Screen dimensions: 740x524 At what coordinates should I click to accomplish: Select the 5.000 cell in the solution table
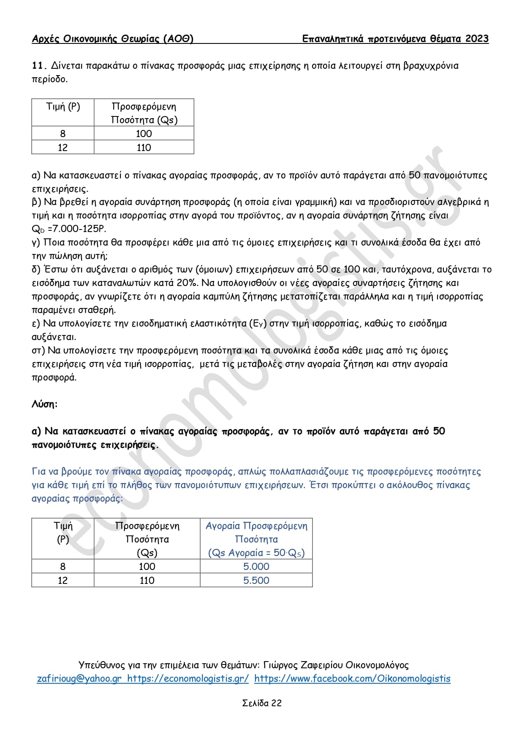[x=256, y=567]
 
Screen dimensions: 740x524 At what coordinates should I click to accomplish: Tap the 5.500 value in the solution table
[x=256, y=581]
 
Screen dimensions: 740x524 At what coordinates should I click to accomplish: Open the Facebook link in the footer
[x=352, y=678]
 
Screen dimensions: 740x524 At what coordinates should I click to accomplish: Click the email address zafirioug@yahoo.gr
[x=79, y=678]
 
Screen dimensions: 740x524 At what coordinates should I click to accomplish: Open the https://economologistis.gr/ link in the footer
[x=188, y=678]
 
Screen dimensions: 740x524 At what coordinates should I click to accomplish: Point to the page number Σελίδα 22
[x=262, y=703]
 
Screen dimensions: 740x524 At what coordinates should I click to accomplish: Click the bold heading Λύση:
[x=44, y=404]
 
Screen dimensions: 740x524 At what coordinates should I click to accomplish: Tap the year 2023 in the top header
[x=477, y=39]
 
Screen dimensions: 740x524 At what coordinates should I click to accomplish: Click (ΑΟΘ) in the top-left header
[x=178, y=39]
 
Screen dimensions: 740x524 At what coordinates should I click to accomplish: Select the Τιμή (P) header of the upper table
[x=63, y=106]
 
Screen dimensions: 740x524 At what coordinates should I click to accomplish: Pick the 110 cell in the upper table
[x=144, y=148]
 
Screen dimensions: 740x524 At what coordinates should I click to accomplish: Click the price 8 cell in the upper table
[x=63, y=134]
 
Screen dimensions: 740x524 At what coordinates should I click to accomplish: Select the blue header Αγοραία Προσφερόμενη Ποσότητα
[x=256, y=532]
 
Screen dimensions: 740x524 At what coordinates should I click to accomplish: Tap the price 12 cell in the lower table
[x=63, y=581]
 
